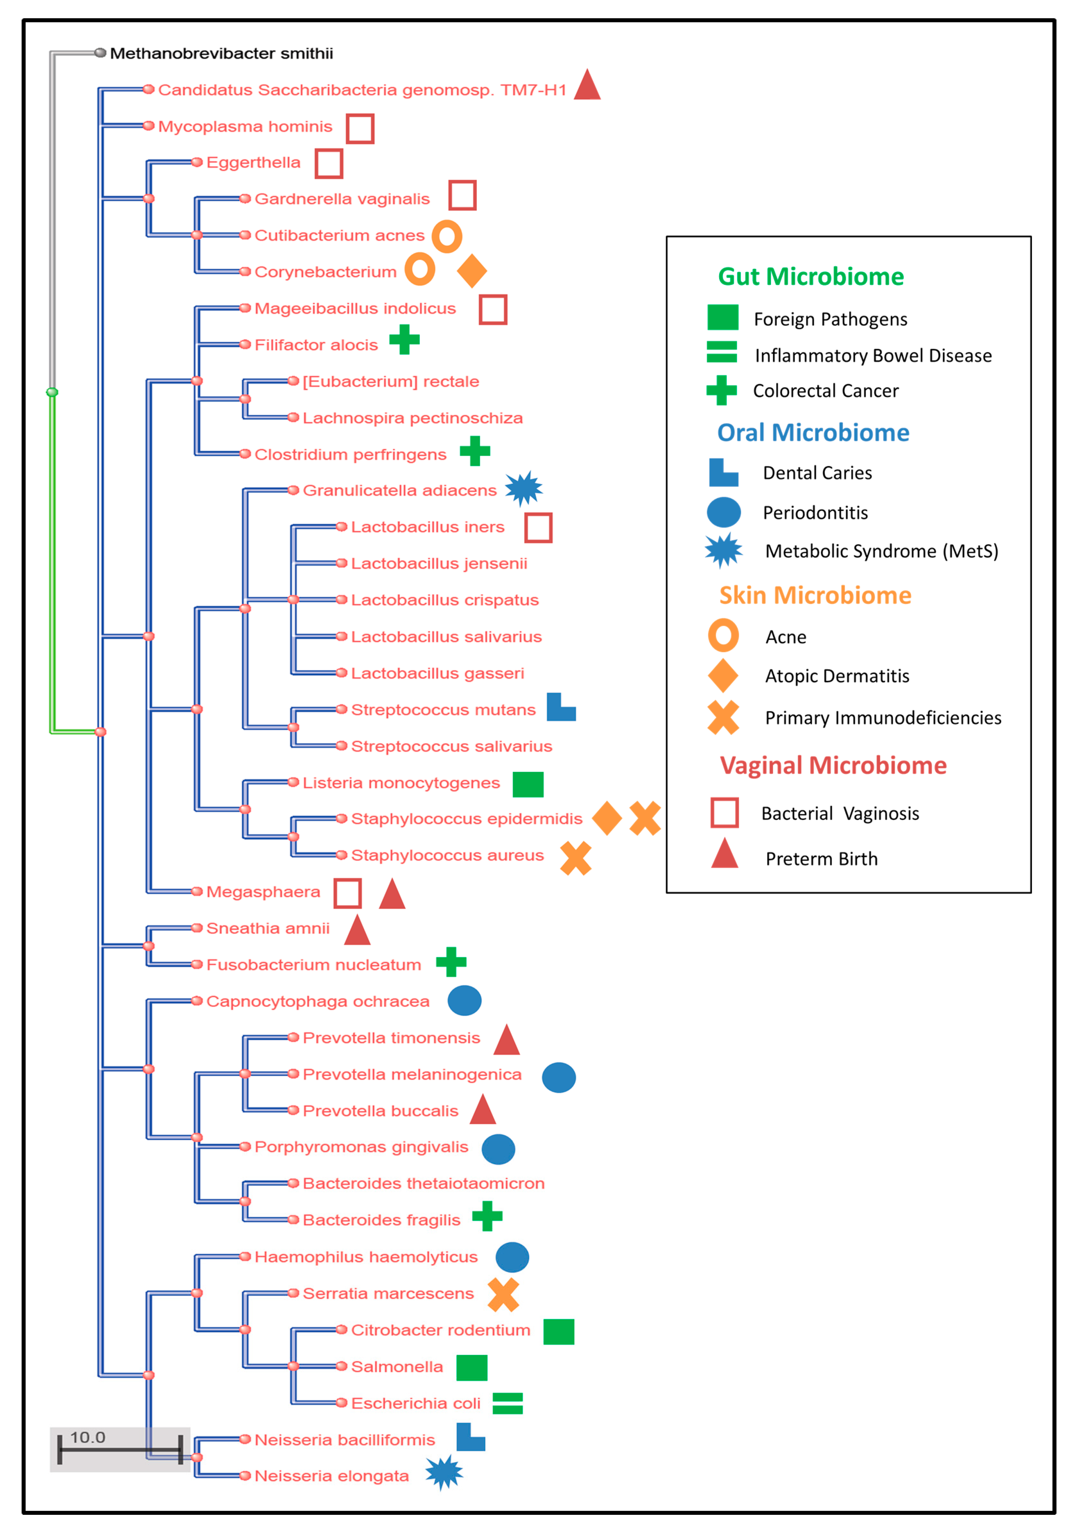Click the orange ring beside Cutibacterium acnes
tap(447, 236)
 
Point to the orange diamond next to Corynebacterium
tap(472, 271)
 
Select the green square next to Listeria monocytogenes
tap(528, 784)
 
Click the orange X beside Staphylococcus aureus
tap(576, 858)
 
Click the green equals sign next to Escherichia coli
tap(507, 1403)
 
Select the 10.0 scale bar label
tap(88, 1437)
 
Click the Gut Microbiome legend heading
tap(811, 276)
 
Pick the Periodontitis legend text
tap(815, 513)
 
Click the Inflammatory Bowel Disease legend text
tap(873, 355)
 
